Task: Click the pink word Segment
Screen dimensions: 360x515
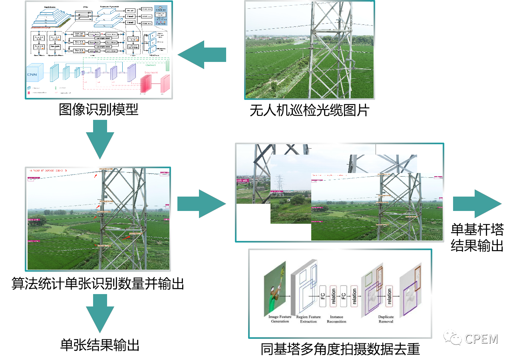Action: click(x=151, y=72)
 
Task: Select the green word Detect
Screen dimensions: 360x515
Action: click(x=151, y=65)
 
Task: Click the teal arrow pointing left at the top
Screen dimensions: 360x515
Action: click(x=202, y=55)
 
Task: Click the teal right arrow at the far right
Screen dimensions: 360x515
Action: click(x=477, y=204)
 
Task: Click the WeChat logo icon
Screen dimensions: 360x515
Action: click(x=452, y=337)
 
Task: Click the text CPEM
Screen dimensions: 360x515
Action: click(x=481, y=339)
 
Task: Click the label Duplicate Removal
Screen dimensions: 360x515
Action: click(x=386, y=319)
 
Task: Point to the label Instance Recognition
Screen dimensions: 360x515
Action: click(x=336, y=319)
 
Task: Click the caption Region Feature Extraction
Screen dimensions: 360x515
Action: click(x=308, y=319)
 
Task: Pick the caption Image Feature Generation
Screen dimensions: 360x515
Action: click(x=280, y=319)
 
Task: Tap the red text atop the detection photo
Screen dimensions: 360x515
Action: click(x=48, y=171)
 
